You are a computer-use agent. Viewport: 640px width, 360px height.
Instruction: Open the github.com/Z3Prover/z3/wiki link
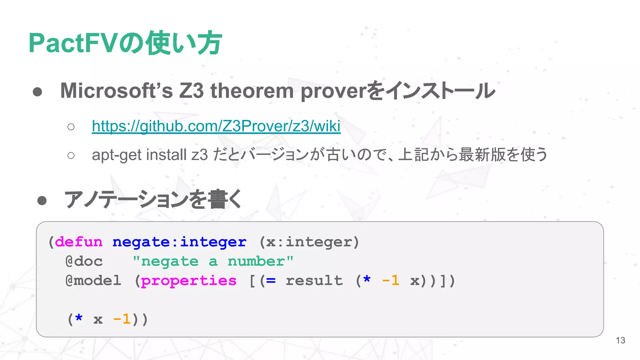click(x=216, y=126)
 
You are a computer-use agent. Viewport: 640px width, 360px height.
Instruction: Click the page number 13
click(x=620, y=340)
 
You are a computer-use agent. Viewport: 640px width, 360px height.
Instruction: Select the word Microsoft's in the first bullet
click(x=116, y=91)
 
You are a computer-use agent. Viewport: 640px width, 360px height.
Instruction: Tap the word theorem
click(x=252, y=91)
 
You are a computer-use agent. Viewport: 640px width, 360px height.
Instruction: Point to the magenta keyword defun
click(x=79, y=242)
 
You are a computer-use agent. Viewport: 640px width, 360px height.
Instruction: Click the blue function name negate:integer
click(x=179, y=242)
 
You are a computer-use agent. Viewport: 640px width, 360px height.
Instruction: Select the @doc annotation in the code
click(x=84, y=262)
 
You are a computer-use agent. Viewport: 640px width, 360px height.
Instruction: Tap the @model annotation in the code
click(x=93, y=281)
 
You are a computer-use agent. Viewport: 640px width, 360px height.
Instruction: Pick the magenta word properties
click(x=189, y=281)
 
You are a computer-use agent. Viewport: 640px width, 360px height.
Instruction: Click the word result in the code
click(x=314, y=281)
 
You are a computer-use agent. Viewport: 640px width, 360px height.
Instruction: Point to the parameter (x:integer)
click(x=309, y=242)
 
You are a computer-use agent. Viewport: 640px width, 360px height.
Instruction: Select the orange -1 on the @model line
click(x=391, y=281)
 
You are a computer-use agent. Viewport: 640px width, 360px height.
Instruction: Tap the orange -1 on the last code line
click(x=122, y=319)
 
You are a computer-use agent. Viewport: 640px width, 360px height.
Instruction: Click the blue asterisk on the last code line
click(x=79, y=319)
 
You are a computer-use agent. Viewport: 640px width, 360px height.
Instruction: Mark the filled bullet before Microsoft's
click(x=37, y=92)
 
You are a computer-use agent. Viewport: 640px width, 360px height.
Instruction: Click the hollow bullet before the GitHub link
click(x=71, y=127)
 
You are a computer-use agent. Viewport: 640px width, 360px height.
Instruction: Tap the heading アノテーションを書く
click(x=152, y=199)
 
